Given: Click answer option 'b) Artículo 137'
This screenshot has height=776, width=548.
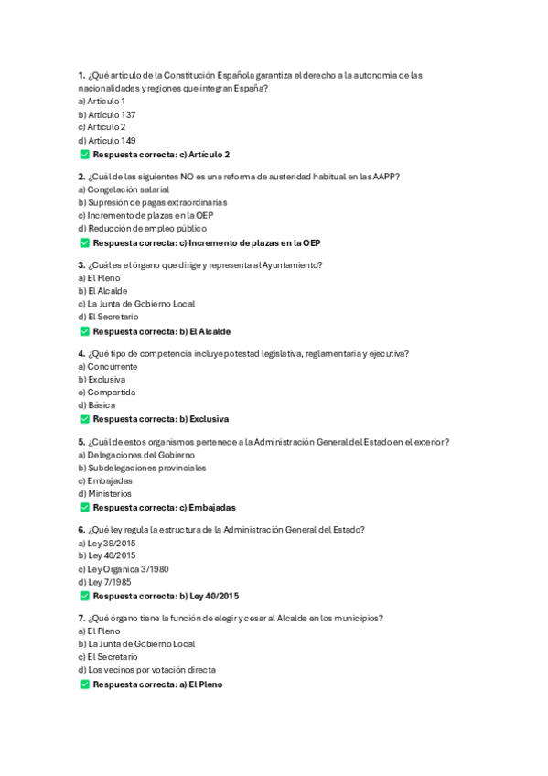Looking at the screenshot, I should pos(107,114).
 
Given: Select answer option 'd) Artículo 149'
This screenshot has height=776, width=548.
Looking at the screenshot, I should pos(107,141).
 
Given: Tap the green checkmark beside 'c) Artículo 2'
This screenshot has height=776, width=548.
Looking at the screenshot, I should pos(84,155).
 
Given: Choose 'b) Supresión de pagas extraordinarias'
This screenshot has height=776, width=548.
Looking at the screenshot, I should pos(152,202).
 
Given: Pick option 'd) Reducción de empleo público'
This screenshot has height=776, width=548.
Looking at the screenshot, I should pos(142,228).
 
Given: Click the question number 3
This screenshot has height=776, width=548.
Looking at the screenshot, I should pos(82,265).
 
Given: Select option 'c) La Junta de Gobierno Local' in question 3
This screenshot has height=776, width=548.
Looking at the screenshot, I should pos(136,304).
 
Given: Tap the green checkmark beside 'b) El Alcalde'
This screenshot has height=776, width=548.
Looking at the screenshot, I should pos(84,331).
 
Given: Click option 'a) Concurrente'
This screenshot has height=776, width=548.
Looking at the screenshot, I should pos(107,366).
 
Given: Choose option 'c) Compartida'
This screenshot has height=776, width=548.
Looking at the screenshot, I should pos(106,392).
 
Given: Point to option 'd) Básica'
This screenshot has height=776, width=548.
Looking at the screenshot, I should pos(98,404).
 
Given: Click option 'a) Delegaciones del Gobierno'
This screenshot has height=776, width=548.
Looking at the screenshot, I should pos(136,455).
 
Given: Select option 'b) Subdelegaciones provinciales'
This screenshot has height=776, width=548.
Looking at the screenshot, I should pos(142,468).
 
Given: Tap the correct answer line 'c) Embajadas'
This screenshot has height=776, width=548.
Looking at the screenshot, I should pos(164,507).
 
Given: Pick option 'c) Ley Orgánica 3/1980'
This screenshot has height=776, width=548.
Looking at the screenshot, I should pos(124,568).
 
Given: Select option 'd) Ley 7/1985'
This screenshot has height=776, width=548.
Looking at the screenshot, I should pos(104,581).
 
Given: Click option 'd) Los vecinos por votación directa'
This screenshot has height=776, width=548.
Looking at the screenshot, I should pos(147,669).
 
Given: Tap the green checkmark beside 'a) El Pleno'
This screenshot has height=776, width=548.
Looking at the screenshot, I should pos(84,684).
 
